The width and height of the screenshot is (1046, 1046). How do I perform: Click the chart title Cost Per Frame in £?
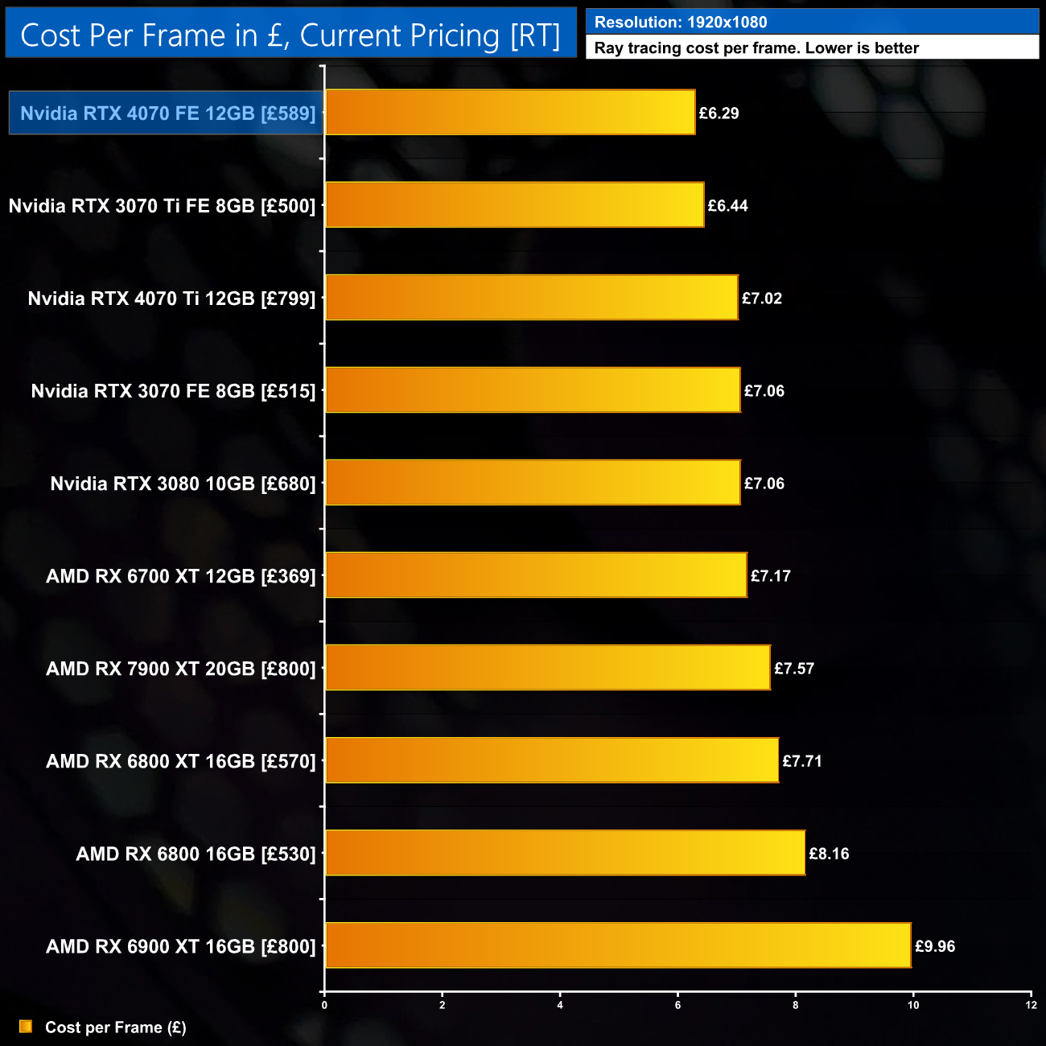click(290, 35)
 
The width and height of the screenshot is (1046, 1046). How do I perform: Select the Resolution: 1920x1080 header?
click(681, 23)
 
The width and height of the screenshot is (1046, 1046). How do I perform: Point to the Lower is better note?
click(756, 48)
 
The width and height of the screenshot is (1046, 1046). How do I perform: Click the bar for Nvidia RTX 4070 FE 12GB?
click(510, 113)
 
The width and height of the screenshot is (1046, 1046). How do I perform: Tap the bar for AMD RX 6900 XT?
click(618, 945)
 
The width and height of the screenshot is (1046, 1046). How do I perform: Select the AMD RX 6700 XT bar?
click(536, 575)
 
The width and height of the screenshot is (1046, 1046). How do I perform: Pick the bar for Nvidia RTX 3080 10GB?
click(533, 483)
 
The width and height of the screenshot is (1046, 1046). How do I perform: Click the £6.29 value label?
click(719, 113)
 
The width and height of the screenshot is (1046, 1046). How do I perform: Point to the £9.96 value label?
click(935, 946)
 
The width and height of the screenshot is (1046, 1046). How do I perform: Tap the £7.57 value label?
click(794, 669)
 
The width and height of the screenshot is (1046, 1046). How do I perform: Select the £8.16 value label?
click(829, 854)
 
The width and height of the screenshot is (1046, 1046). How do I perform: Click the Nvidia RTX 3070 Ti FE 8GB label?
click(162, 206)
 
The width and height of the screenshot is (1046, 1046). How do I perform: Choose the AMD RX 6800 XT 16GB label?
click(181, 761)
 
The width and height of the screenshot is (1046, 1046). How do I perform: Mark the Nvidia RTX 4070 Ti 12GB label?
click(171, 299)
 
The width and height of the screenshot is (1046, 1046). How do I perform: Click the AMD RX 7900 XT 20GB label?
click(181, 669)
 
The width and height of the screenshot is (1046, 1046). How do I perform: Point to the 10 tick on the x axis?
click(913, 1005)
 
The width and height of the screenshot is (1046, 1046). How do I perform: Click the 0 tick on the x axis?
click(324, 1005)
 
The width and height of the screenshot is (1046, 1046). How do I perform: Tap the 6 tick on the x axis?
click(677, 1005)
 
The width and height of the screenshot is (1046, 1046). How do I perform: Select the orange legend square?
click(26, 1027)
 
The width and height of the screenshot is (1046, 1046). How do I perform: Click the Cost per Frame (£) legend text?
click(116, 1027)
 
